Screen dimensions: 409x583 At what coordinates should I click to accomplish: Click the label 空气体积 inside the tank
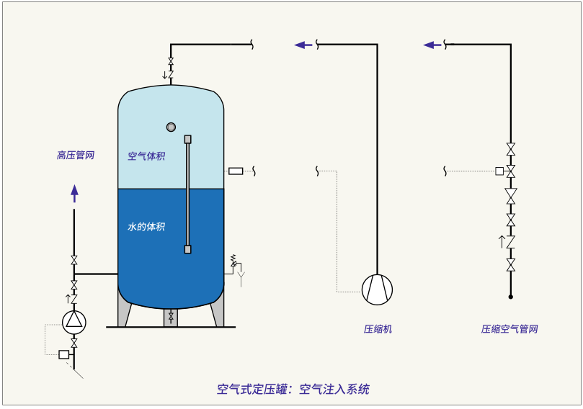coord(146,156)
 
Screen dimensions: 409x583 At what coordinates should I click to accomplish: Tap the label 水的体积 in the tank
coord(146,227)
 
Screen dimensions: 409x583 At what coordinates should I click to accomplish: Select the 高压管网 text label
coord(76,155)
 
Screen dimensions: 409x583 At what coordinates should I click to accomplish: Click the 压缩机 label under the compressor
coord(378,329)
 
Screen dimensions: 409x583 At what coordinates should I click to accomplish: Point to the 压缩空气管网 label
coord(509,329)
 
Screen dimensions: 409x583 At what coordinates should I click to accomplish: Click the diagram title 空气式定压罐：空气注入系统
coord(293,389)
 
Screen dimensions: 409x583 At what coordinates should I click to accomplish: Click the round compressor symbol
coord(378,289)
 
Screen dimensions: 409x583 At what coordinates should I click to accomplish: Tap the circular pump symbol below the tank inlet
coord(74,320)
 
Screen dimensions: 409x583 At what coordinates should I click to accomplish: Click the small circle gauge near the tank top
coord(171,127)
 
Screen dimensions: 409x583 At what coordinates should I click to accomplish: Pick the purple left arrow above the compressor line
coord(303,45)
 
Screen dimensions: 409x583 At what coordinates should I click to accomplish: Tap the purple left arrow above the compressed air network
coord(432,45)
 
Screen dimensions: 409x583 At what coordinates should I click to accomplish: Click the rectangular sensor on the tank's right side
coord(236,171)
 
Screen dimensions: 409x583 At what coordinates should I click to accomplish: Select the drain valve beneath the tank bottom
coord(171,317)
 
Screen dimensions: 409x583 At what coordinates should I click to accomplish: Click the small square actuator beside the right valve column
coord(499,171)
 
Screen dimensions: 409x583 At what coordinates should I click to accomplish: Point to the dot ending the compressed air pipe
coord(511,297)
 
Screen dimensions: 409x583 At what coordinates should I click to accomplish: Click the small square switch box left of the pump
coord(63,354)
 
